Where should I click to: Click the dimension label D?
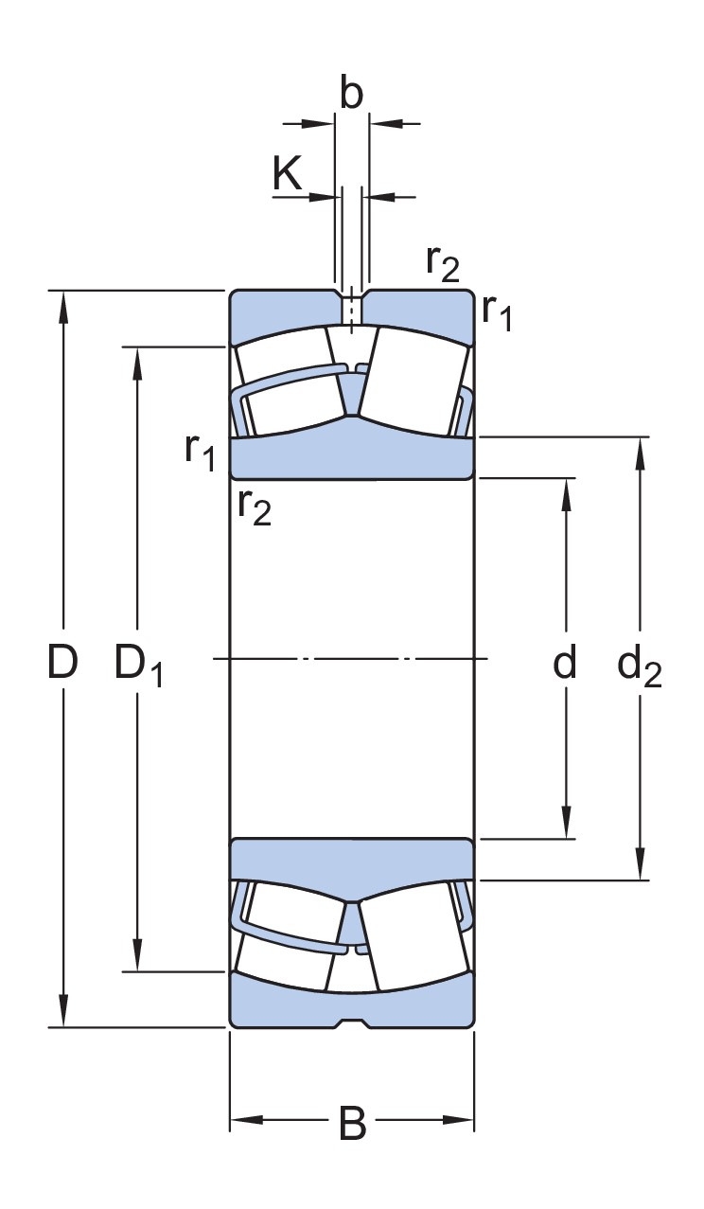[x=62, y=664]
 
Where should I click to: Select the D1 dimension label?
[x=138, y=664]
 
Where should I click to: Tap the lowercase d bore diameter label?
[x=564, y=664]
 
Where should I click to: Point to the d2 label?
[x=640, y=667]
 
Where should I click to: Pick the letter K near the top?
[x=288, y=174]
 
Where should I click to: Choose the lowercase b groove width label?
[x=351, y=95]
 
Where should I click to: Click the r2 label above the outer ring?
[x=442, y=262]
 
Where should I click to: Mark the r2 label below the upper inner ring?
[x=254, y=507]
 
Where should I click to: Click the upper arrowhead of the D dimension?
[x=63, y=303]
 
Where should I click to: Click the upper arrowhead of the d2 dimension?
[x=641, y=451]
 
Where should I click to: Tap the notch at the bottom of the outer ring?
[x=351, y=1023]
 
